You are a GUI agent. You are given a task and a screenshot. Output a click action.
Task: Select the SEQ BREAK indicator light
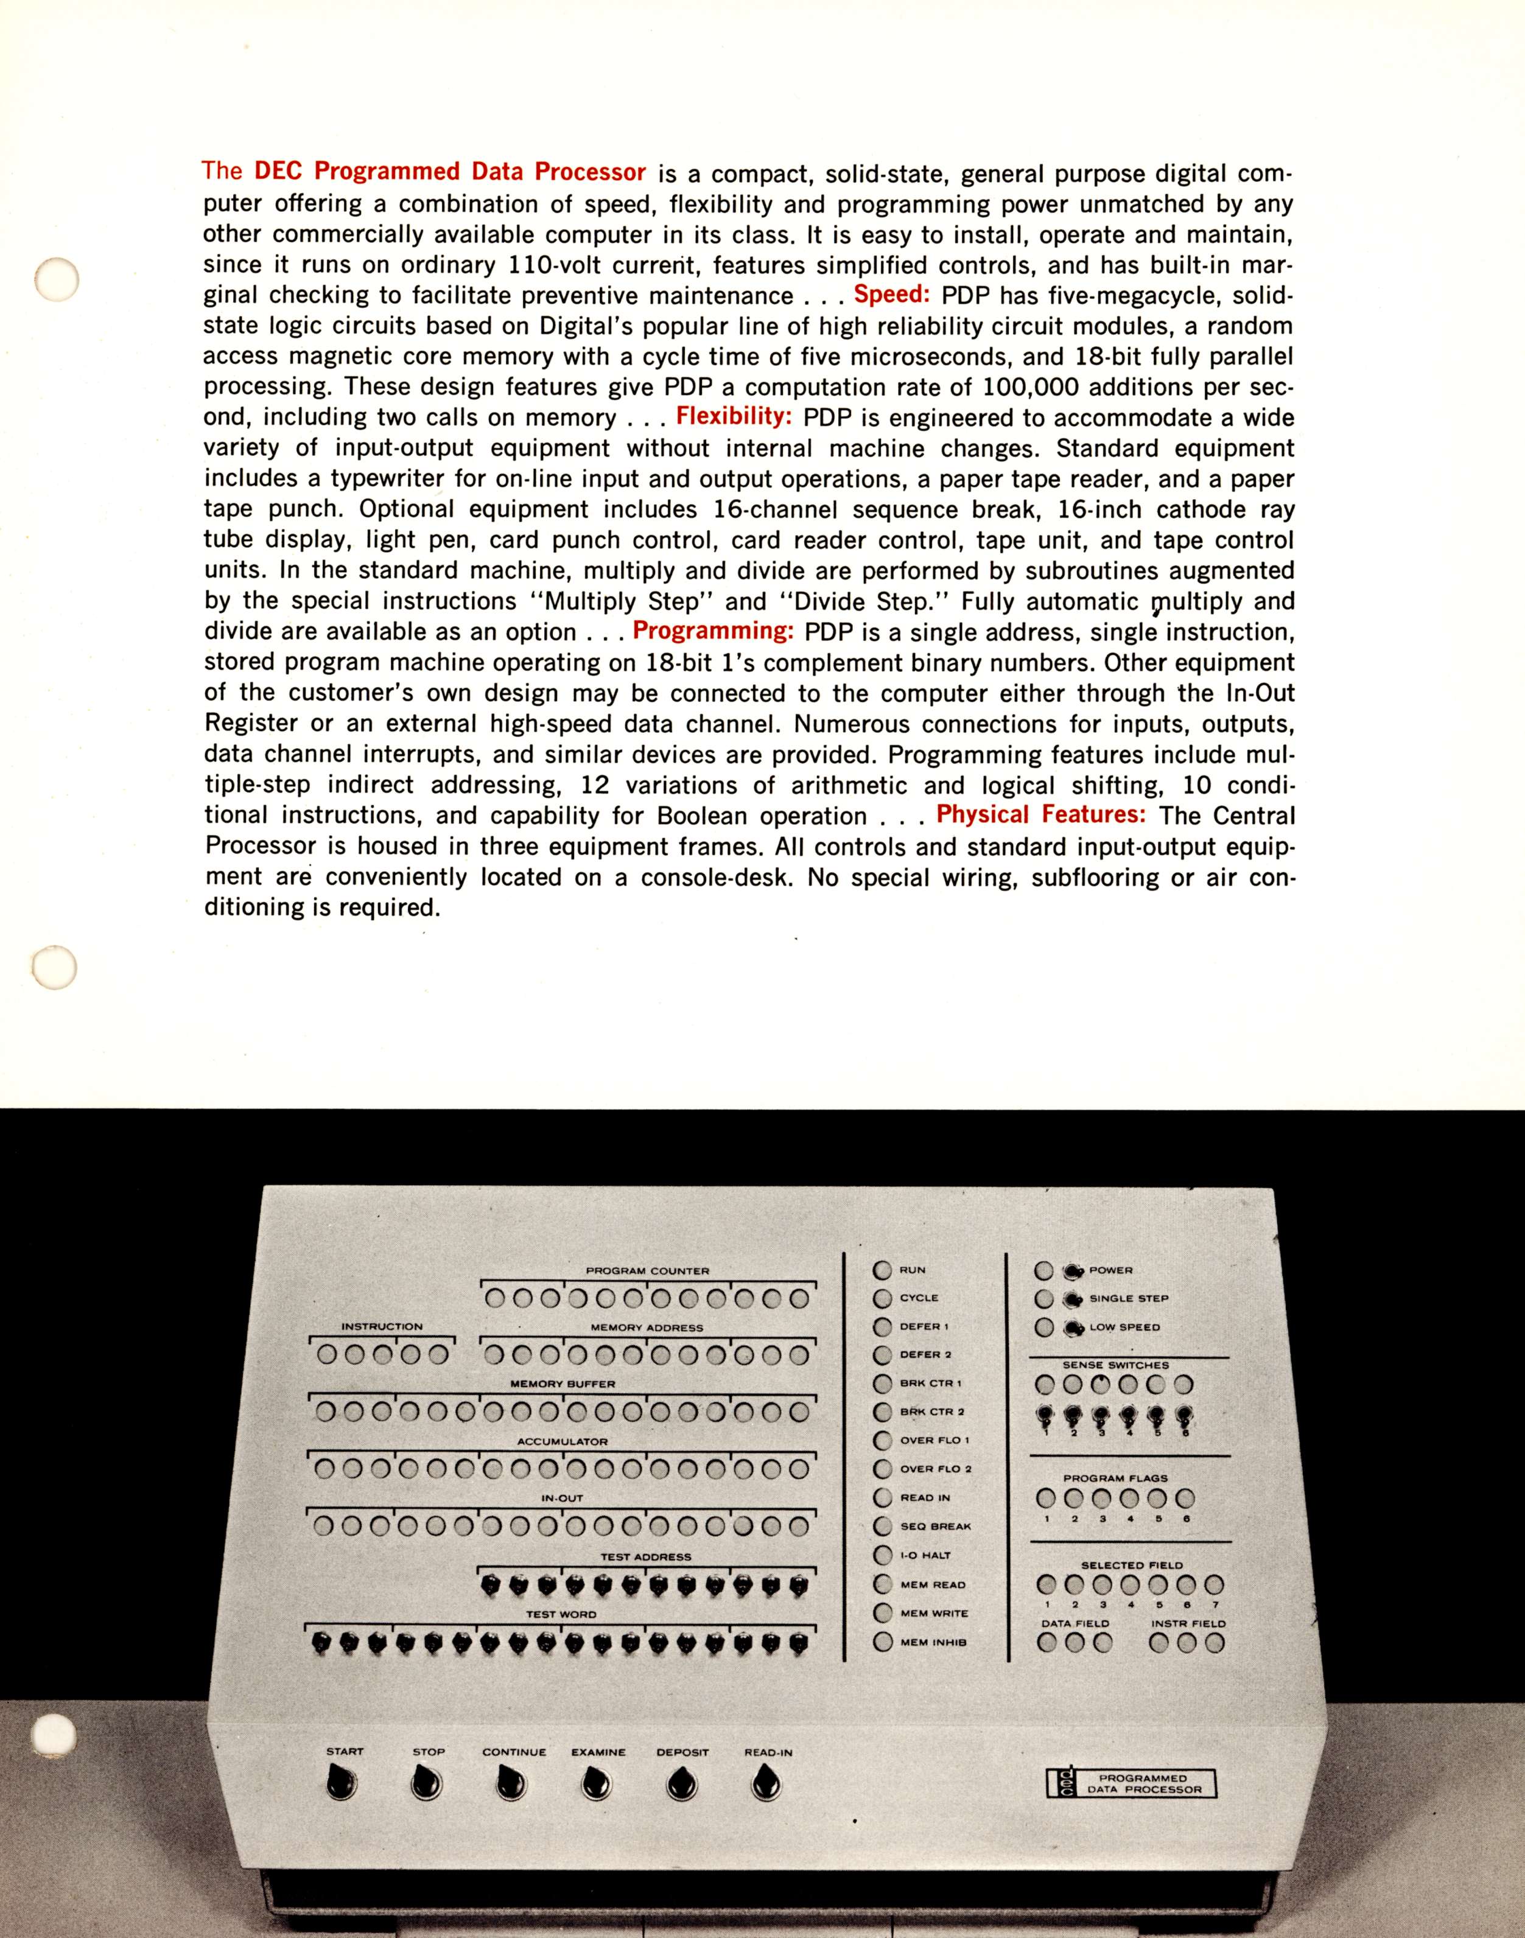pyautogui.click(x=883, y=1525)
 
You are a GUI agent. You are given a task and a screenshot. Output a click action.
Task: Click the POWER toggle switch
pyautogui.click(x=1071, y=1270)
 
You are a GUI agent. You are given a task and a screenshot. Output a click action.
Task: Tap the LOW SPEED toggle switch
pyautogui.click(x=1071, y=1328)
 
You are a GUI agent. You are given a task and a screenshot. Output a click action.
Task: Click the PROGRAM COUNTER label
pyautogui.click(x=647, y=1270)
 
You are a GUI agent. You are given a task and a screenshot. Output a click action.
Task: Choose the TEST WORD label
pyautogui.click(x=560, y=1614)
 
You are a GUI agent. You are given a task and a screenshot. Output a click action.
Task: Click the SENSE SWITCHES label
pyautogui.click(x=1115, y=1365)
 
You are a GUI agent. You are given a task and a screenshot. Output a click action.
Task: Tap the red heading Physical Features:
pyautogui.click(x=1041, y=815)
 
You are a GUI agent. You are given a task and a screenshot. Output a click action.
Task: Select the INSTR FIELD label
pyautogui.click(x=1188, y=1624)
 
